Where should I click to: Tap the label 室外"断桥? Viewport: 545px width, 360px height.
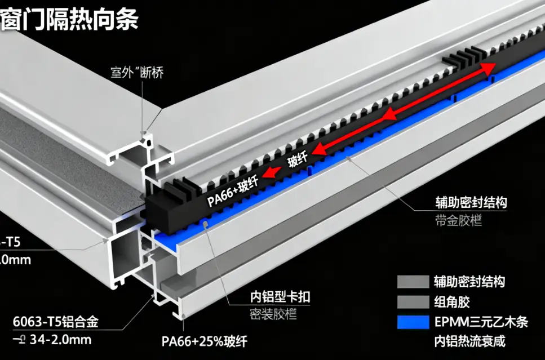136,73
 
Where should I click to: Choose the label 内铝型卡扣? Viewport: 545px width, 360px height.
280,296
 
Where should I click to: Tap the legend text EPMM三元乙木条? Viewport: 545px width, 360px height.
481,322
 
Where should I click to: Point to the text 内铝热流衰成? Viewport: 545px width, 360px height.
471,341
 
